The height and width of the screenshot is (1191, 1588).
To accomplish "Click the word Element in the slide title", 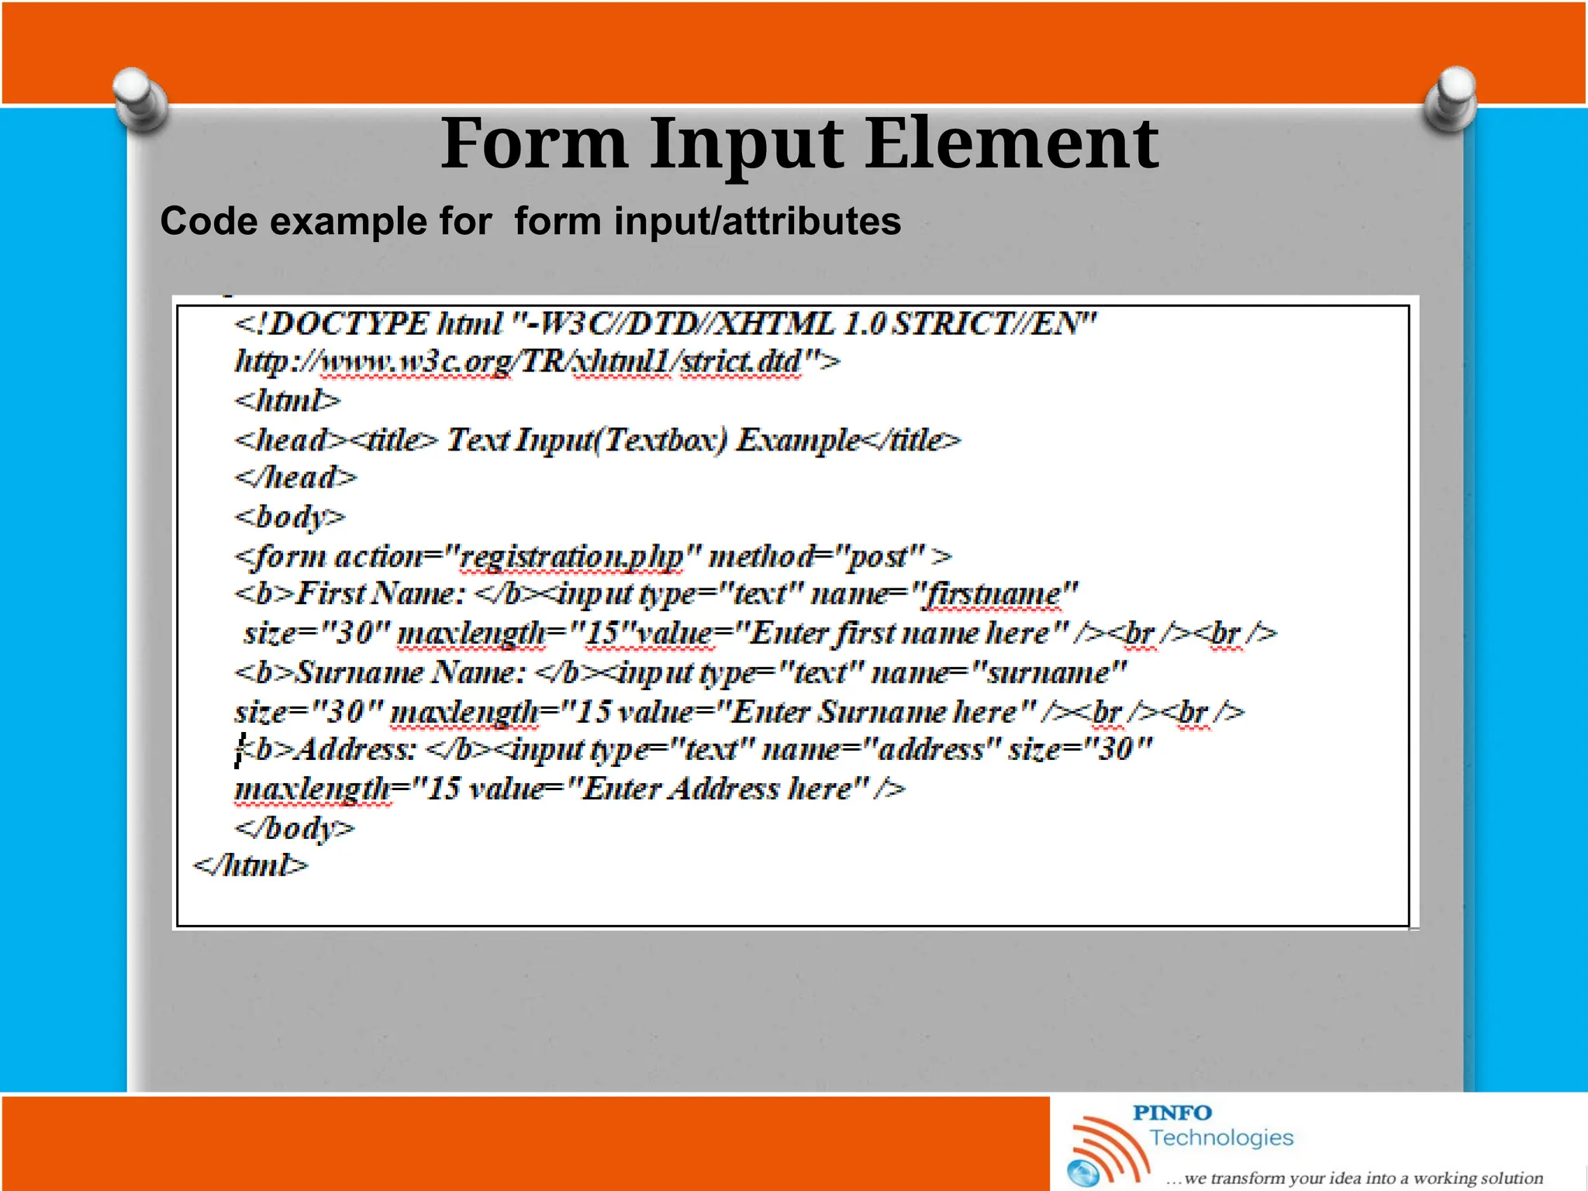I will pos(1011,143).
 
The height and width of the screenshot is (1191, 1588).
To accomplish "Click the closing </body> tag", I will pos(295,828).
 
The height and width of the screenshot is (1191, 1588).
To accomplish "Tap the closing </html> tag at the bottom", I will pos(250,866).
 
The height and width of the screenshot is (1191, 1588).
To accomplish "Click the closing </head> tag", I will pos(295,478).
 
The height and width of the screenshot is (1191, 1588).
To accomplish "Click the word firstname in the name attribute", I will pos(993,595).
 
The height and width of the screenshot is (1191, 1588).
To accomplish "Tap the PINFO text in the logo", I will pos(1172,1113).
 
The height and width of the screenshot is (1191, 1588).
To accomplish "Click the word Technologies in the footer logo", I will pos(1221,1138).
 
